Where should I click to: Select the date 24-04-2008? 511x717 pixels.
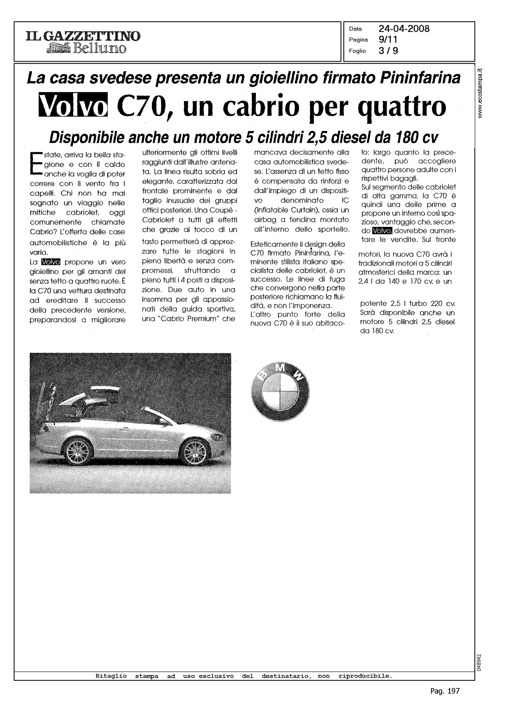404,29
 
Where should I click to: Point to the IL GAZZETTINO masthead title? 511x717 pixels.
83,36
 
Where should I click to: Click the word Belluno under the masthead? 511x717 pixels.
99,49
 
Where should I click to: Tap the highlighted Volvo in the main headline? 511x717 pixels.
73,105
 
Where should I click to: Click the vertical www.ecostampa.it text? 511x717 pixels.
480,93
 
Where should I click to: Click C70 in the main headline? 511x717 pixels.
142,106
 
